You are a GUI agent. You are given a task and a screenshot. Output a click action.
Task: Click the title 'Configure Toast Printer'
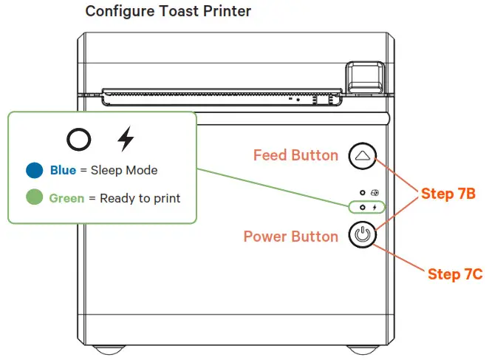(168, 12)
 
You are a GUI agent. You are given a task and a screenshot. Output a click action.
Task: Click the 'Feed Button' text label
(295, 155)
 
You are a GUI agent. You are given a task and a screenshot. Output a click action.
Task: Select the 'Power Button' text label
(291, 237)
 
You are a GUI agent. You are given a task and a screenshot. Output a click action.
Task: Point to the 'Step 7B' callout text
(448, 194)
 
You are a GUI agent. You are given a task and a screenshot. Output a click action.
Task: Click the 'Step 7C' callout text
(455, 274)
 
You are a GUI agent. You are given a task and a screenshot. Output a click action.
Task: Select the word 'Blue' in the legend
(63, 171)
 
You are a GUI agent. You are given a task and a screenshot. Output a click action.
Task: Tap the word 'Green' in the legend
(66, 198)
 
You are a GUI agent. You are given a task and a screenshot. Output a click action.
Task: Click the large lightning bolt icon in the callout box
(127, 139)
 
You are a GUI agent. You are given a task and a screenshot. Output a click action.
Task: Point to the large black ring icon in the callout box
(80, 139)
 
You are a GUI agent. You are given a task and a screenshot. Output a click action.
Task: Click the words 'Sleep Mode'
(124, 171)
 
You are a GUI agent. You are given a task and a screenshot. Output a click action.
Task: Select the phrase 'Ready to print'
(140, 198)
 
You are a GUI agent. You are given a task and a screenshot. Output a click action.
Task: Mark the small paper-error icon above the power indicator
(375, 191)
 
